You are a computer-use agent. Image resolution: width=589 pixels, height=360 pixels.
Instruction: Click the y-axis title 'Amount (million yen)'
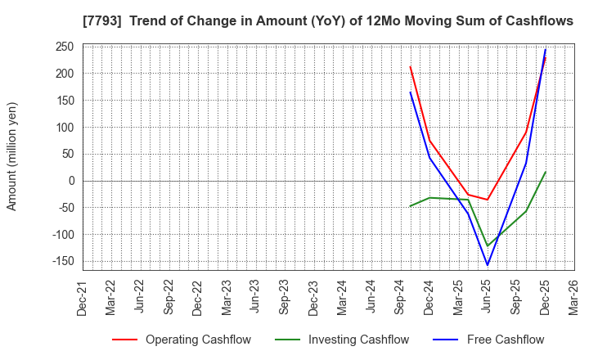[x=12, y=156]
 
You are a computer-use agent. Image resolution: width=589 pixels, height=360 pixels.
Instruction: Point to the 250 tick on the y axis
[x=65, y=47]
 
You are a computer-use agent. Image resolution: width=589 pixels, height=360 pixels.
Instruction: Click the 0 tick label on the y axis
[x=71, y=181]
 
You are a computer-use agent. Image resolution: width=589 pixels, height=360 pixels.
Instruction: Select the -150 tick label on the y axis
[x=61, y=261]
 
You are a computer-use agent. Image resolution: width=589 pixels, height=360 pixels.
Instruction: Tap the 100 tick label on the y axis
[x=65, y=128]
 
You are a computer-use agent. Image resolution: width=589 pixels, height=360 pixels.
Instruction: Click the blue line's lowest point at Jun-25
[x=488, y=265]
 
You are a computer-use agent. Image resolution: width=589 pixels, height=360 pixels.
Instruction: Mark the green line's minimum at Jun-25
[x=488, y=246]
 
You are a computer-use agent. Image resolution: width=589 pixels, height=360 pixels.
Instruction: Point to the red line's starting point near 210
[x=411, y=67]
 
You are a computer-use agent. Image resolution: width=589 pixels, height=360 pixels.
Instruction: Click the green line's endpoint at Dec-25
[x=546, y=172]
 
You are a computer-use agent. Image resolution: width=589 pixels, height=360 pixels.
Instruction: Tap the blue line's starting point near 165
[x=411, y=92]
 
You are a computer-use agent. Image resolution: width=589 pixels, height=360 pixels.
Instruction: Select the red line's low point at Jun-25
[x=488, y=200]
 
